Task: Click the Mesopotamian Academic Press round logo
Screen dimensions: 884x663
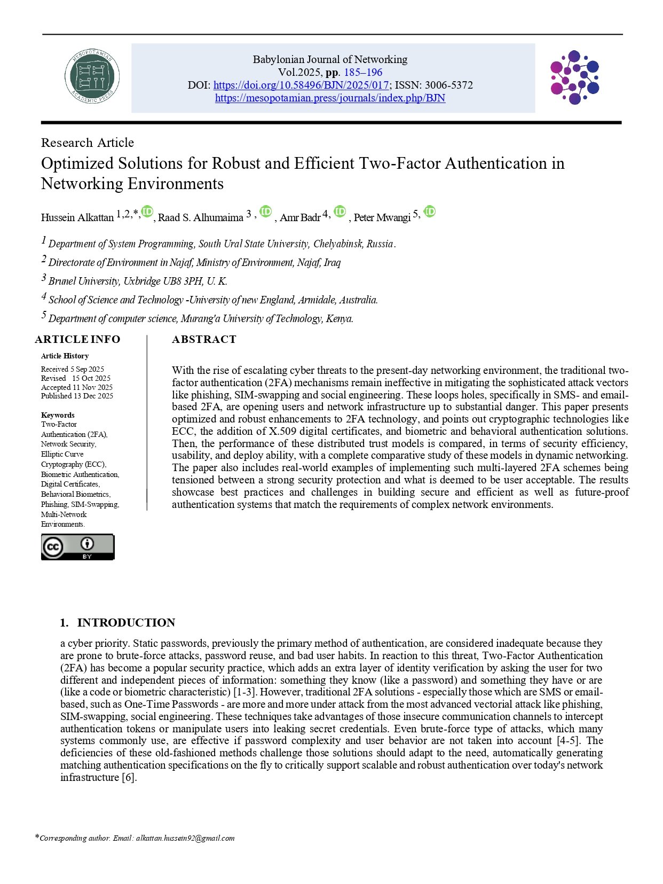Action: pos(92,77)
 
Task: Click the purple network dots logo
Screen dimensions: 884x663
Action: pos(574,77)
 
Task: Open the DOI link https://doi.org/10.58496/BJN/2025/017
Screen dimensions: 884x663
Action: pos(301,85)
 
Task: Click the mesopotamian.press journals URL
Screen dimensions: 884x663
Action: pos(330,98)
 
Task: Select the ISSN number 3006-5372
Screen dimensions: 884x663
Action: pos(448,85)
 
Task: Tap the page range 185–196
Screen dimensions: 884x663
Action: pos(363,72)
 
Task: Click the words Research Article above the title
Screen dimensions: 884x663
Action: pos(88,143)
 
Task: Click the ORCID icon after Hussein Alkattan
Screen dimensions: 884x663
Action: pos(147,212)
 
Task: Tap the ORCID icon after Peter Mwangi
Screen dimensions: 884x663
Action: pos(430,212)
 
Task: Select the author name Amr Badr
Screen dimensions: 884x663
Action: pos(300,217)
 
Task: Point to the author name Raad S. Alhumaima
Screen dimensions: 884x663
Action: pos(201,217)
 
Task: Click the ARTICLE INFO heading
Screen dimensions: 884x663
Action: pos(78,339)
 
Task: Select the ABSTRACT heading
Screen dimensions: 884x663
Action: pos(204,339)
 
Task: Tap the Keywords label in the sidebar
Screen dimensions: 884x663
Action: pos(58,415)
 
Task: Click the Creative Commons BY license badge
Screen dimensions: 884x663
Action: pos(78,547)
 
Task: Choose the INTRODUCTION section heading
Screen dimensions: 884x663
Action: pos(126,623)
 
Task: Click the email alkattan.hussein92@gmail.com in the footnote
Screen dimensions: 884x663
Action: pos(185,838)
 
